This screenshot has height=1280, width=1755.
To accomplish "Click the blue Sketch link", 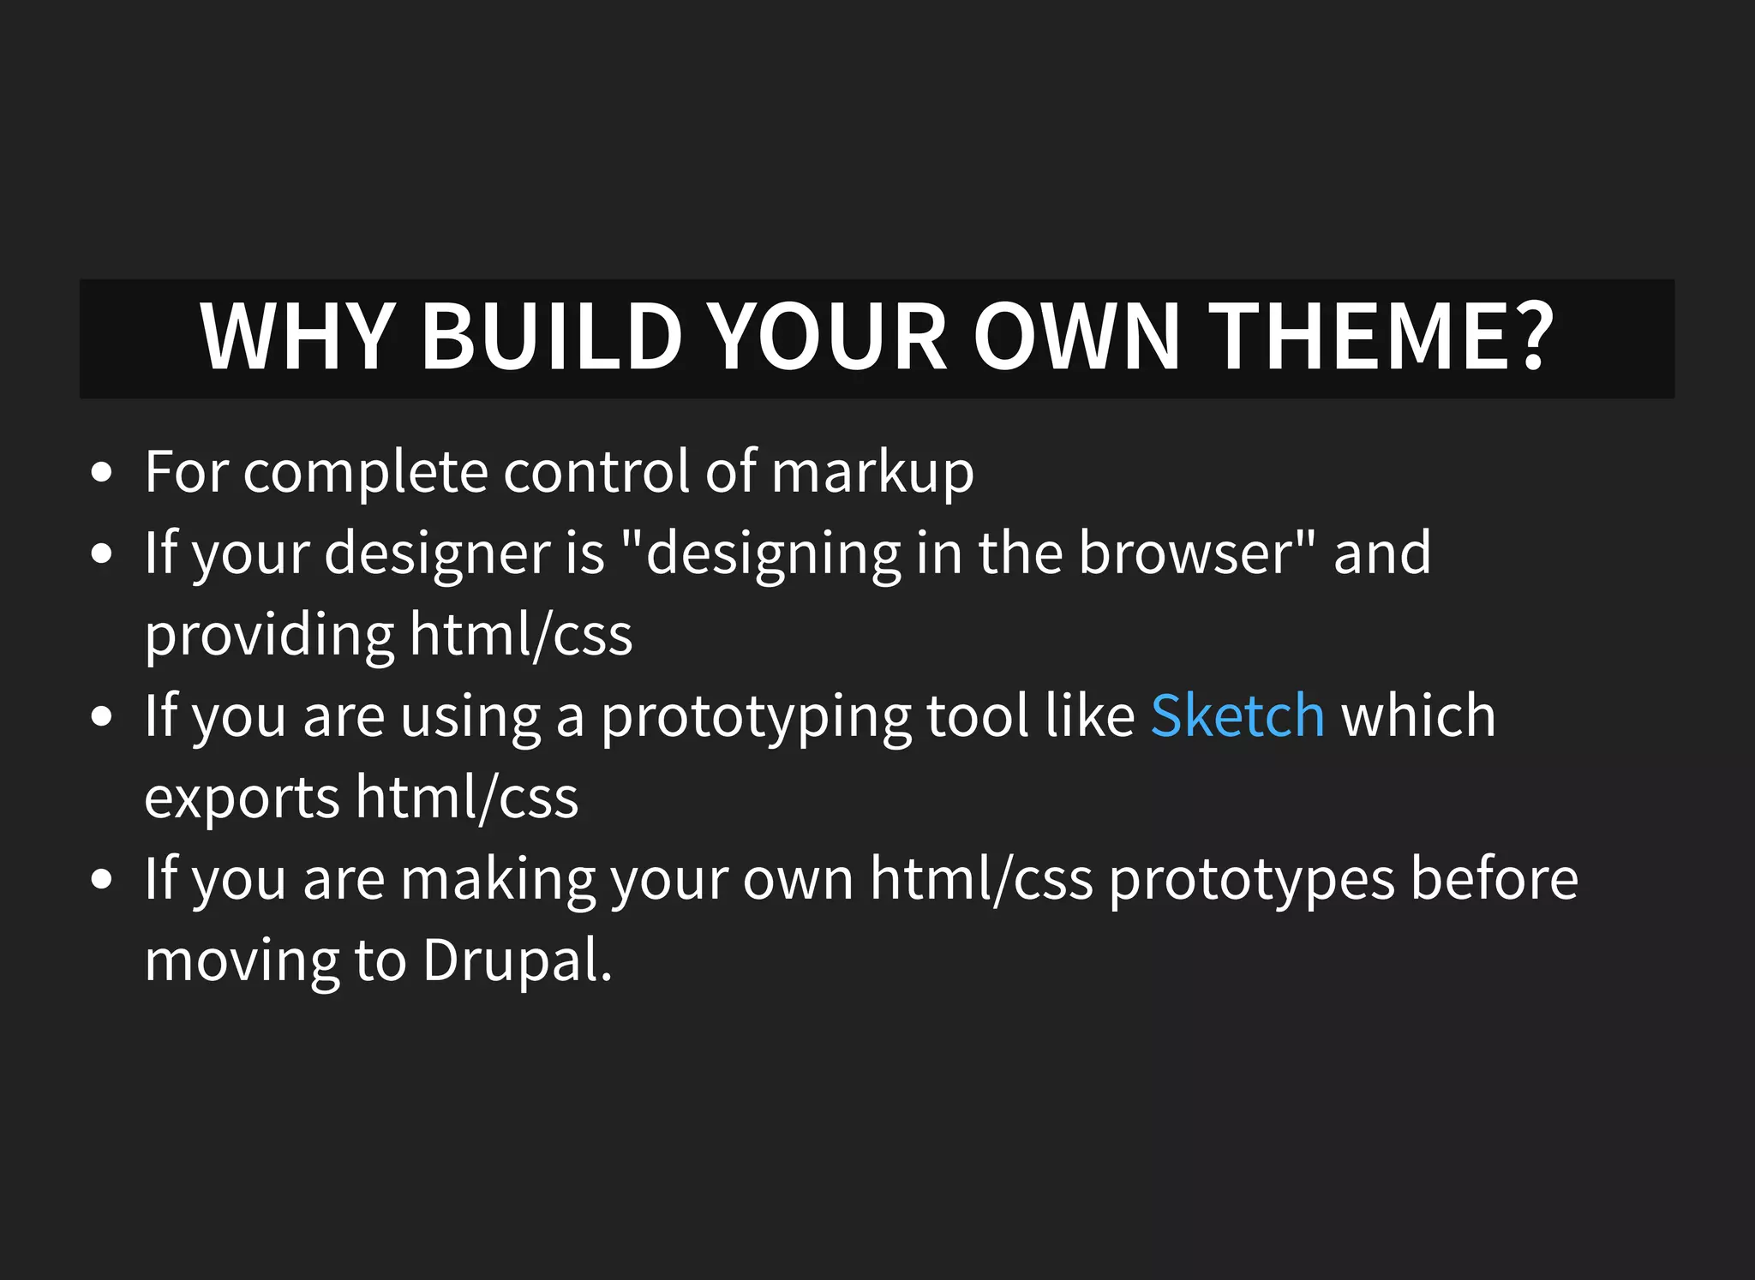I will click(1237, 716).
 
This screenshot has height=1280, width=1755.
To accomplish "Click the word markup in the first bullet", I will click(872, 473).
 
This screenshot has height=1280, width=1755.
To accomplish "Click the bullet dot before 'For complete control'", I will click(101, 473).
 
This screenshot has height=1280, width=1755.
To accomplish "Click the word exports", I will click(242, 798).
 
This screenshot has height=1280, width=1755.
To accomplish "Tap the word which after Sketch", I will click(1418, 716).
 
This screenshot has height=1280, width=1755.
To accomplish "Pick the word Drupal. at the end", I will click(518, 961).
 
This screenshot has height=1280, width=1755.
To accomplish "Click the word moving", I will click(241, 961).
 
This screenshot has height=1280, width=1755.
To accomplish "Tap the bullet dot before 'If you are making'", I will click(101, 879).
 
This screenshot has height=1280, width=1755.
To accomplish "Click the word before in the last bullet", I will click(1494, 879).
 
